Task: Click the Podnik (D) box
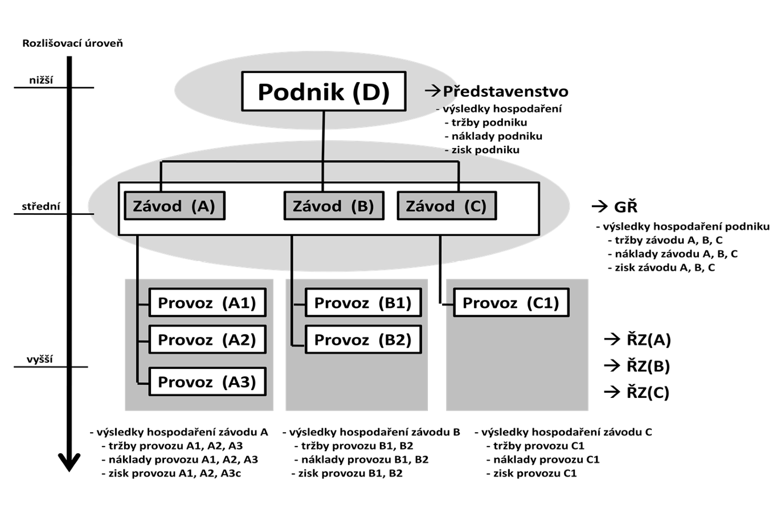pos(324,91)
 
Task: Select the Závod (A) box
pos(174,206)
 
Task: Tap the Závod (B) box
pos(333,206)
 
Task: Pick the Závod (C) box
pos(446,206)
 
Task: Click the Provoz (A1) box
pos(207,303)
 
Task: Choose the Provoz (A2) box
pos(207,340)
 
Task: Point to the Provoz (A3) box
pos(207,382)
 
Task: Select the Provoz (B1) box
pos(363,303)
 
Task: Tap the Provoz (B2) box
pos(363,340)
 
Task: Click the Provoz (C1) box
pos(511,303)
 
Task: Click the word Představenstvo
pos(505,91)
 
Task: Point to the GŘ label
pos(625,207)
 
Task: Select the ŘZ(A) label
pos(648,340)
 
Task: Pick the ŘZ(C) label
pos(648,392)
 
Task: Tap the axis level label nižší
pos(41,80)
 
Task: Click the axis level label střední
pos(41,206)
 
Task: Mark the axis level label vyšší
pos(40,359)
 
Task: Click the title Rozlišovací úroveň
pos(72,43)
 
